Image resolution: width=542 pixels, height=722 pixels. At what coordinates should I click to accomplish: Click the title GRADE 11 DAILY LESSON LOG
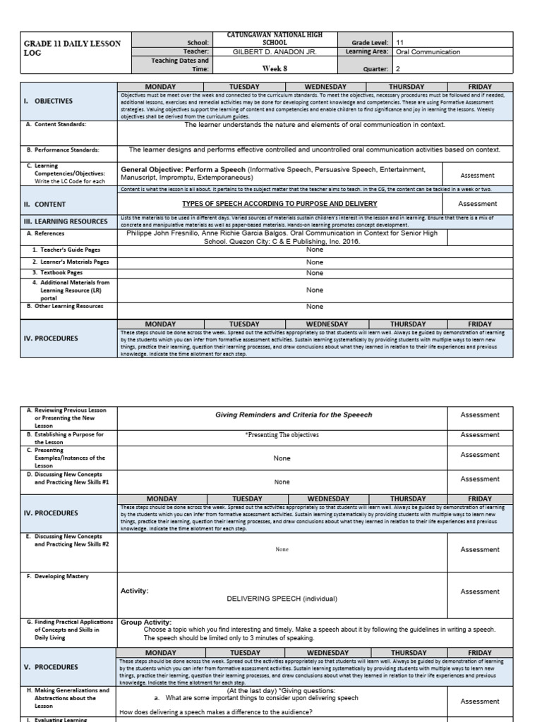(x=72, y=48)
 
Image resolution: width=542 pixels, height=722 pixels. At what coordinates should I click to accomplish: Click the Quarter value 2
(x=399, y=69)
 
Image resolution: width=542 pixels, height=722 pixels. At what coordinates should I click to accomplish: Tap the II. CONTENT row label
(x=45, y=204)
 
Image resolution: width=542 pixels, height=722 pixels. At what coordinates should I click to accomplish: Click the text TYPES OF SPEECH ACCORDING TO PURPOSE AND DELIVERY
(x=280, y=203)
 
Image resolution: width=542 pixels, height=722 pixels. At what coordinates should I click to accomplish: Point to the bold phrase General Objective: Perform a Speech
(x=183, y=170)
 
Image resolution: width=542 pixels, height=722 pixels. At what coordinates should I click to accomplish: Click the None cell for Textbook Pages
(x=315, y=272)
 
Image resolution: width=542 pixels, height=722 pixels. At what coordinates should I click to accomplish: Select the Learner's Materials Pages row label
(x=70, y=262)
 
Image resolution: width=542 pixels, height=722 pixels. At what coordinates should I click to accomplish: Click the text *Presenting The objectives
(x=282, y=435)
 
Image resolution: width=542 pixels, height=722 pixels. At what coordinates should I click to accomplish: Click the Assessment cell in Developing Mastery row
(x=479, y=592)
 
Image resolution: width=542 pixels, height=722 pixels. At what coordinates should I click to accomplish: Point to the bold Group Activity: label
(x=146, y=623)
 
